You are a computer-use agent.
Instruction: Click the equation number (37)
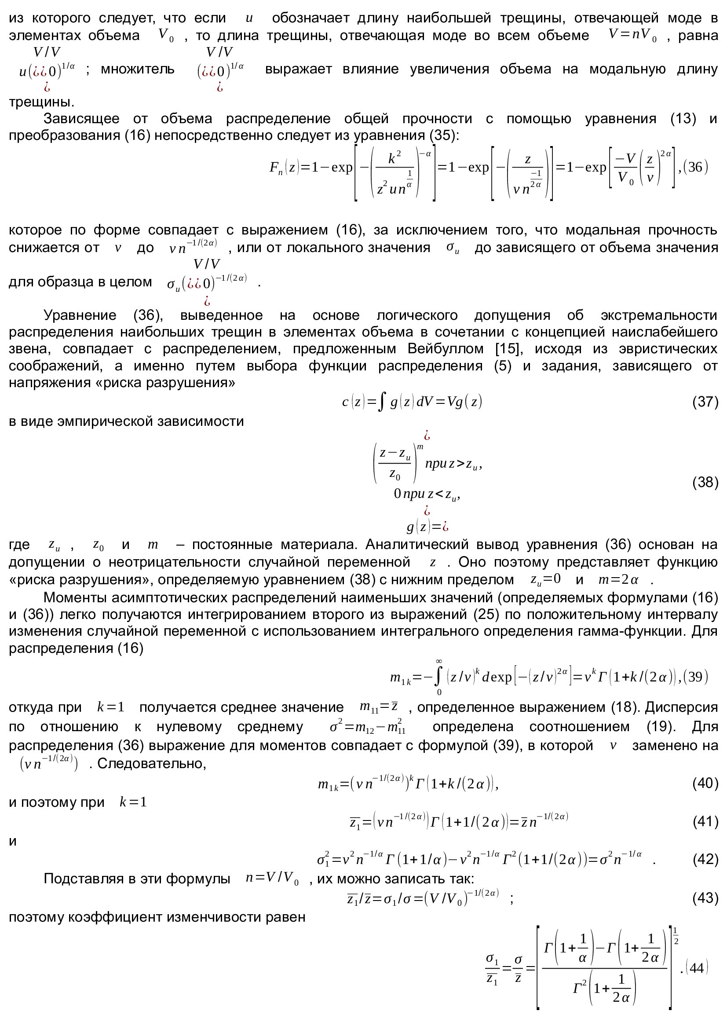tap(705, 402)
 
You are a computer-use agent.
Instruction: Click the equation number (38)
tap(705, 482)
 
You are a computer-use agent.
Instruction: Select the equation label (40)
tap(705, 783)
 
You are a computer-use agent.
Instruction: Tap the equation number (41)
tap(705, 821)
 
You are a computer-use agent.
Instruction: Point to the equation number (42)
tap(705, 859)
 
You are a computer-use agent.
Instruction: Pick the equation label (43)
tap(705, 898)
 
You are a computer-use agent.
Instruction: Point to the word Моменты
tap(74, 597)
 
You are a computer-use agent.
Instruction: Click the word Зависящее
tap(81, 118)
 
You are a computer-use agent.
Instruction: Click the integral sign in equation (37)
tap(381, 402)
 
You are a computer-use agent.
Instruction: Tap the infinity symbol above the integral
tap(439, 661)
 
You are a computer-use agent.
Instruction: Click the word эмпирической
tap(112, 421)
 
